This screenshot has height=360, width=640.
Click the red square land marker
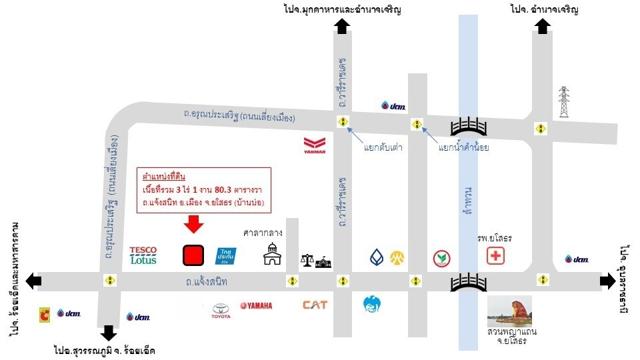point(193,255)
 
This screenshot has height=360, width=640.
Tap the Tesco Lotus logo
point(143,255)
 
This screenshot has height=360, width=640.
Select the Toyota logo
point(221,309)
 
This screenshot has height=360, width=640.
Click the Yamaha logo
point(257,306)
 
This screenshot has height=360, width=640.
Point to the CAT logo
point(315,305)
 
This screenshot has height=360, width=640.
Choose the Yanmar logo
point(314,145)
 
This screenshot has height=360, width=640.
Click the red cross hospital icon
point(495,256)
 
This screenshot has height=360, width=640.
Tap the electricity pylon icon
point(564,102)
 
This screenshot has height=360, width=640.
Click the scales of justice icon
point(307,259)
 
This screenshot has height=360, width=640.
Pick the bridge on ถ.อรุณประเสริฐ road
point(471,126)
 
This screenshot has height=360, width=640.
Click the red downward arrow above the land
point(193,225)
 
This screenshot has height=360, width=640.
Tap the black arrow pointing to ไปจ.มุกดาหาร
point(342,26)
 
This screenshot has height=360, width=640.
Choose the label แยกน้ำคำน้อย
point(464,148)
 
